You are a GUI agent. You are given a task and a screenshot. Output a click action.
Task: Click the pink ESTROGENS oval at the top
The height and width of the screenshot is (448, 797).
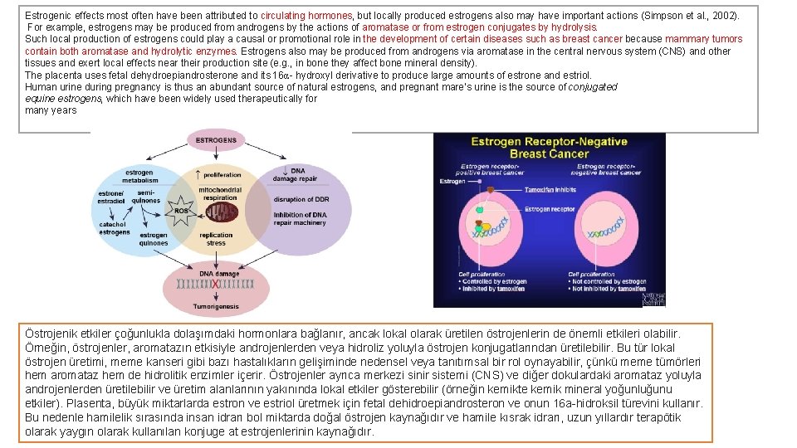point(216,141)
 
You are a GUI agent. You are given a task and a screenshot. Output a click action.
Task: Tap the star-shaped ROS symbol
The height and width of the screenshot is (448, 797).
point(180,211)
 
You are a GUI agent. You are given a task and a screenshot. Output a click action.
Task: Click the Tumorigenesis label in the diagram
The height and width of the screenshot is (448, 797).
point(217,306)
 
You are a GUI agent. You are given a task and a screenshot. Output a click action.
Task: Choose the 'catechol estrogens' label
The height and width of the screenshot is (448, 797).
point(114,228)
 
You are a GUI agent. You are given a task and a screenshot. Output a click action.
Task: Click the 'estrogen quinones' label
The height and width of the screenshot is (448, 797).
point(154,239)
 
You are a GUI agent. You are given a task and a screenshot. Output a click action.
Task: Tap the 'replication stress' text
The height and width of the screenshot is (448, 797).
point(216,240)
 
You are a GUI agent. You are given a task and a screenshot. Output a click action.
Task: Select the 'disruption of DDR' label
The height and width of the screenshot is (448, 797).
point(301,199)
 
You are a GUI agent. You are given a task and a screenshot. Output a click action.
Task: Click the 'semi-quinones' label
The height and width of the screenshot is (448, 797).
point(147,197)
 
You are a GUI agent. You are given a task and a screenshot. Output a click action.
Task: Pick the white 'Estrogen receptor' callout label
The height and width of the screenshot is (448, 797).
point(550,210)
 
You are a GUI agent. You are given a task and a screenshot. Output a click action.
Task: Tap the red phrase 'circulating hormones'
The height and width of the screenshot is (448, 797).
point(307,16)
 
